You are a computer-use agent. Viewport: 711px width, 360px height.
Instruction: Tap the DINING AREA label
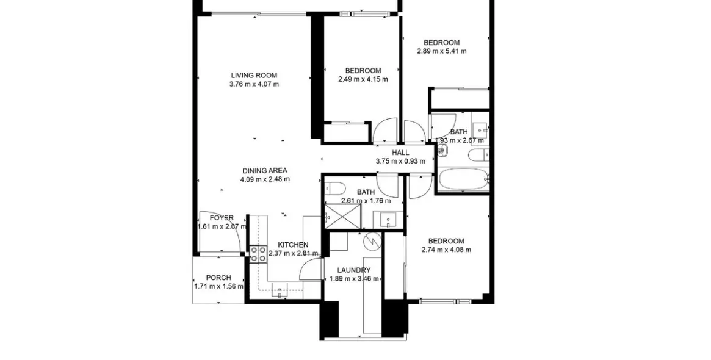tap(265, 170)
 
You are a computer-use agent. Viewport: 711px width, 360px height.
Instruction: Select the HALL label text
tap(400, 153)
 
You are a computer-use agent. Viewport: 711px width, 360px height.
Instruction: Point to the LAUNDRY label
tap(354, 270)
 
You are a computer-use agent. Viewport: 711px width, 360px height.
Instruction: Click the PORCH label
tap(218, 278)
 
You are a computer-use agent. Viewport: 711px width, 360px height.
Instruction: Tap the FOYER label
tap(222, 218)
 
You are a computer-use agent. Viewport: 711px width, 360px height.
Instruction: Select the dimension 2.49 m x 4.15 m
tap(363, 79)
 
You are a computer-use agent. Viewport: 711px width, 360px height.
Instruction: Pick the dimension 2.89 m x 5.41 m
tap(442, 51)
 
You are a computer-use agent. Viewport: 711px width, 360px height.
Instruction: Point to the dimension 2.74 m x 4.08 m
tap(446, 250)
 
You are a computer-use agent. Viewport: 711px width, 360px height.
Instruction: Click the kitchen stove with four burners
tap(258, 254)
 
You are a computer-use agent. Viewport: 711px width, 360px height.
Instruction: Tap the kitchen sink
tap(280, 290)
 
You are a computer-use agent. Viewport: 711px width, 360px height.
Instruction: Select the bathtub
tap(463, 179)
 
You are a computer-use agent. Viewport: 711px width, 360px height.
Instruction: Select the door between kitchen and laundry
tap(312, 268)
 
